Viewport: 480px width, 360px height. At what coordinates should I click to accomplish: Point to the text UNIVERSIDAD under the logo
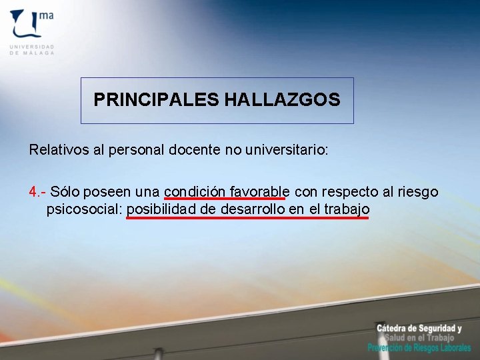pyautogui.click(x=32, y=47)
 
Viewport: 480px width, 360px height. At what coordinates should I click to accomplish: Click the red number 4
pyautogui.click(x=33, y=192)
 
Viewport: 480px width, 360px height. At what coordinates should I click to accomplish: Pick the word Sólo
pyautogui.click(x=65, y=192)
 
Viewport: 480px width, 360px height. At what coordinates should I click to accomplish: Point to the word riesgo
pyautogui.click(x=418, y=192)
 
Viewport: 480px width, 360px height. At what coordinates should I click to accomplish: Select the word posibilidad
pyautogui.click(x=162, y=209)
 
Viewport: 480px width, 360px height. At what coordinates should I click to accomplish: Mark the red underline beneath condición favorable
pyautogui.click(x=225, y=199)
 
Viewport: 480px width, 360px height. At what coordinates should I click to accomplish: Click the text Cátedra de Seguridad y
pyautogui.click(x=419, y=328)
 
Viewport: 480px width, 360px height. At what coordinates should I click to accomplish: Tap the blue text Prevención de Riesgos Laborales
pyautogui.click(x=419, y=348)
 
